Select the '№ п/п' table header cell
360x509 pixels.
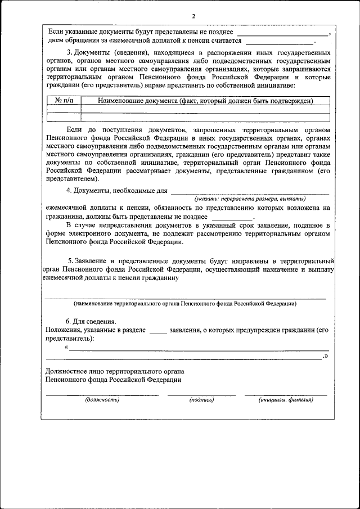(x=64, y=101)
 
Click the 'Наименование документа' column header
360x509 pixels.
(x=205, y=101)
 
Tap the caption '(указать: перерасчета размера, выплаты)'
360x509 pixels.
(x=250, y=199)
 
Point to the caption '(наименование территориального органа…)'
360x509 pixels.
(x=185, y=303)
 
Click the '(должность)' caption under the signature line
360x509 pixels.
(x=102, y=399)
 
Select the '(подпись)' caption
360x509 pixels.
(x=201, y=399)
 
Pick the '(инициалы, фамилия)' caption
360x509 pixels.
(x=285, y=399)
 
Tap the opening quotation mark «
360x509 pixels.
(x=67, y=346)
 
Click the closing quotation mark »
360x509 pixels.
(x=325, y=357)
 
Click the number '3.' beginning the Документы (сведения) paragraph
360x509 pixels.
(x=70, y=52)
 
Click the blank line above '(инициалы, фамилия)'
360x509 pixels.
(x=285, y=394)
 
